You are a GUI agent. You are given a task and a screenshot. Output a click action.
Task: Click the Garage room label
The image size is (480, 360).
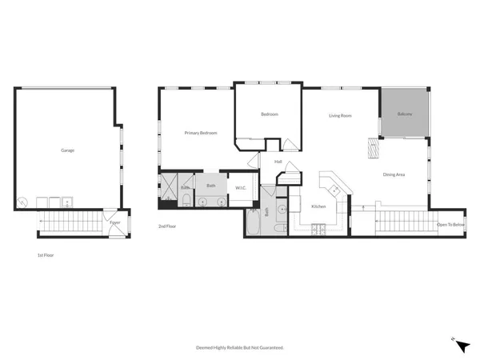click(x=68, y=150)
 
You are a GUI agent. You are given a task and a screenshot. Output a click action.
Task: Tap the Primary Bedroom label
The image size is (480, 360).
click(x=201, y=133)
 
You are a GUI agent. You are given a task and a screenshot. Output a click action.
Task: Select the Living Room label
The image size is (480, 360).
click(x=341, y=116)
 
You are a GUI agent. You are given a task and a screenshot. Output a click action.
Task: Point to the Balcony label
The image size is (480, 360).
click(x=406, y=114)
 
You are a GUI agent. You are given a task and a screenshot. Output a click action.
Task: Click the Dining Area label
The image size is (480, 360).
click(x=393, y=174)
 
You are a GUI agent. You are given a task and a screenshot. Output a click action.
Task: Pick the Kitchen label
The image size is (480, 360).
click(x=318, y=206)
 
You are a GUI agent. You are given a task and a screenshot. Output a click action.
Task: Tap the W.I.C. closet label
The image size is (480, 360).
click(x=240, y=188)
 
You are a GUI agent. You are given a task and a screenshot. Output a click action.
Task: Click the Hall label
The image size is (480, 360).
click(x=278, y=162)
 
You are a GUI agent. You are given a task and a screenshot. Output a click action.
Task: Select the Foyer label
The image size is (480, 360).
click(x=115, y=223)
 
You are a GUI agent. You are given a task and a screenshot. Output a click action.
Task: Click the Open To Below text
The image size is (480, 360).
click(x=450, y=225)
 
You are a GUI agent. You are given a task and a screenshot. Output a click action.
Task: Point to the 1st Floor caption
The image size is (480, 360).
click(x=46, y=255)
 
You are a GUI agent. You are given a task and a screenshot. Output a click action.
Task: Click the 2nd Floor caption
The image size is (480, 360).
click(x=167, y=226)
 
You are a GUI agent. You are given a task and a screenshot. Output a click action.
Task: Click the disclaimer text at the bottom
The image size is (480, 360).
click(x=240, y=348)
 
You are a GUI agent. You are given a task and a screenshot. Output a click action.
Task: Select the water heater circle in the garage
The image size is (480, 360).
click(x=24, y=202)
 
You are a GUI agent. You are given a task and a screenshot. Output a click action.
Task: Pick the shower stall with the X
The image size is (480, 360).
click(x=170, y=186)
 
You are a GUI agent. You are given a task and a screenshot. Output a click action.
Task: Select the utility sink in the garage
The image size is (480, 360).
click(x=69, y=201)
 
